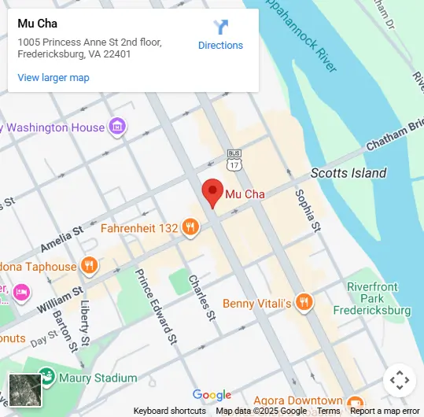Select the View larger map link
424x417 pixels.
(x=53, y=78)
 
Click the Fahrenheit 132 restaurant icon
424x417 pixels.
(x=190, y=228)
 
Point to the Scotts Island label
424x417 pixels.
(x=348, y=173)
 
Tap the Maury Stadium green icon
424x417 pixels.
(x=46, y=378)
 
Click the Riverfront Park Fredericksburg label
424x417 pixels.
(x=378, y=298)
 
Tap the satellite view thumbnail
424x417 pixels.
(x=24, y=389)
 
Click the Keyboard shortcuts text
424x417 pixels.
(x=169, y=411)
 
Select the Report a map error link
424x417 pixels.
(x=385, y=411)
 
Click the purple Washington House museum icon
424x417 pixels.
(x=117, y=127)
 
